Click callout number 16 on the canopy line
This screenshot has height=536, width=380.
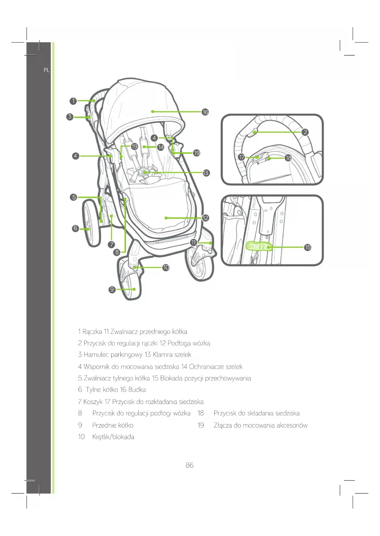pyautogui.click(x=205, y=112)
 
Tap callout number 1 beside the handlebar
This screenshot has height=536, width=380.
pyautogui.click(x=73, y=101)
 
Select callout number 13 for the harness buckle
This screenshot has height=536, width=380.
pyautogui.click(x=206, y=173)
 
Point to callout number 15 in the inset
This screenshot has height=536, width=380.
pyautogui.click(x=308, y=247)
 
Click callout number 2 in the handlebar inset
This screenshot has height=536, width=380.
pyautogui.click(x=305, y=132)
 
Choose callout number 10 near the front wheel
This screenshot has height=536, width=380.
pyautogui.click(x=166, y=267)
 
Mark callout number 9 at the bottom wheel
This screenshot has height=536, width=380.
pyautogui.click(x=112, y=289)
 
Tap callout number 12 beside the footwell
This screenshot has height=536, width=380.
pyautogui.click(x=205, y=218)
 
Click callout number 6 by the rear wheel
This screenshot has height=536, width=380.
pyautogui.click(x=75, y=228)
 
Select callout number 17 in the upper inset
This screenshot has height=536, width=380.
pyautogui.click(x=242, y=157)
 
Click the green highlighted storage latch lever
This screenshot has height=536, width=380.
pyautogui.click(x=259, y=246)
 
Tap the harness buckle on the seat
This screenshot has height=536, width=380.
pyautogui.click(x=144, y=173)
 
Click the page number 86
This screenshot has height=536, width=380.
pyautogui.click(x=190, y=465)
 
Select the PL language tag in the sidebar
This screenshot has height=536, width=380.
pyautogui.click(x=47, y=70)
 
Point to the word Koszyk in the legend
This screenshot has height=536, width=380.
pyautogui.click(x=93, y=402)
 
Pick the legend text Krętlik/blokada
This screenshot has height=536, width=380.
pyautogui.click(x=113, y=437)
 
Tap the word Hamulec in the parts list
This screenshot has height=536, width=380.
pyautogui.click(x=96, y=354)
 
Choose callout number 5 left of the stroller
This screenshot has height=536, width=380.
pyautogui.click(x=73, y=197)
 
